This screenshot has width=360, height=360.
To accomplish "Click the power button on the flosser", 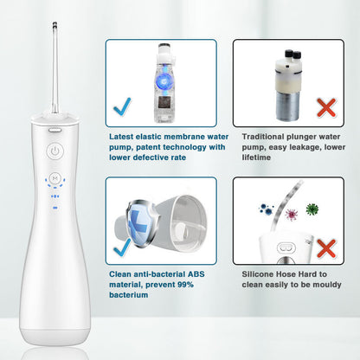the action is coord(55,151).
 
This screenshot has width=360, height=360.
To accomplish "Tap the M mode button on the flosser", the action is coord(55,178).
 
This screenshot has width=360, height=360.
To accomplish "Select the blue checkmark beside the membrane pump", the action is coord(122,106).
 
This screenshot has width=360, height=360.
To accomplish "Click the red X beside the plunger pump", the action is coord(326,107).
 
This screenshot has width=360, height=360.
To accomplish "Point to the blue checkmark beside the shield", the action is coord(122,247).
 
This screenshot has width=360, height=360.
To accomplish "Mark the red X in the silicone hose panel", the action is coord(326,248).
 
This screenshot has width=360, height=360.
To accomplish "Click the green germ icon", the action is coord(312,209).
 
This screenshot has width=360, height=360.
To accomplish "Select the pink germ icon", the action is coord(292,215).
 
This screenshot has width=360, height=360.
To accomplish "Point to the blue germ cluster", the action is coord(267,209).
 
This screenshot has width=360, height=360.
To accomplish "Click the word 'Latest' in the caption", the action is coord(121,137).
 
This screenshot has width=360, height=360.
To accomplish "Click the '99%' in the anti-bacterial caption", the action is coord(185,285).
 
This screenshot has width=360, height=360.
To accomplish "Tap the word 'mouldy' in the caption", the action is coord(327,285).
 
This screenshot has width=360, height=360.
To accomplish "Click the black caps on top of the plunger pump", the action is coord(292,54).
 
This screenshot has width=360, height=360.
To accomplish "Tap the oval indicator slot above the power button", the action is coord(55,130).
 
